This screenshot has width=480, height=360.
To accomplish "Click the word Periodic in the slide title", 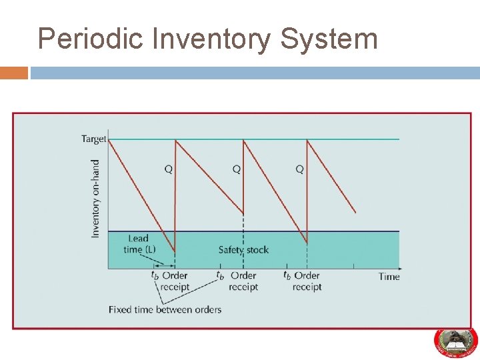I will [91, 39].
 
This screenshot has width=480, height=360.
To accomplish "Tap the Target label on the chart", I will [94, 139].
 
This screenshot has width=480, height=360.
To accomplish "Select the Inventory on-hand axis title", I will [95, 198].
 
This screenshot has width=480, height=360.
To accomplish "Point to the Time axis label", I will [389, 276].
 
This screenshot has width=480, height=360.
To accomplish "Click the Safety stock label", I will [243, 250].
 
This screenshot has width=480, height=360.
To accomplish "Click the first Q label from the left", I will [169, 169].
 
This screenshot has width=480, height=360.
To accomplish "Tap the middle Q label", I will [237, 169].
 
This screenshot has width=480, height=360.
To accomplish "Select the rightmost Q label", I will [299, 169].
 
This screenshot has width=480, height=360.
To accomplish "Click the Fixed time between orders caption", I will [165, 309].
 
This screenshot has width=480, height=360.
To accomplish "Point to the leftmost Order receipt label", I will [175, 281].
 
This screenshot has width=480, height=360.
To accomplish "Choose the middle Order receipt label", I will [243, 281].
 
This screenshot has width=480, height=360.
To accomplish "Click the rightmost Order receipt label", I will [307, 281].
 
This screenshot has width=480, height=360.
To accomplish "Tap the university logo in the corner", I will [455, 341].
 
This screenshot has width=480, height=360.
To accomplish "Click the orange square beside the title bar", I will [13, 72].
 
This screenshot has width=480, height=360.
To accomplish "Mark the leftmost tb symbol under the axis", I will [154, 275].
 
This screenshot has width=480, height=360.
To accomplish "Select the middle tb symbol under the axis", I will [220, 275].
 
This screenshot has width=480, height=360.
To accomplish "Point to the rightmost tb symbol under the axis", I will [287, 275].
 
